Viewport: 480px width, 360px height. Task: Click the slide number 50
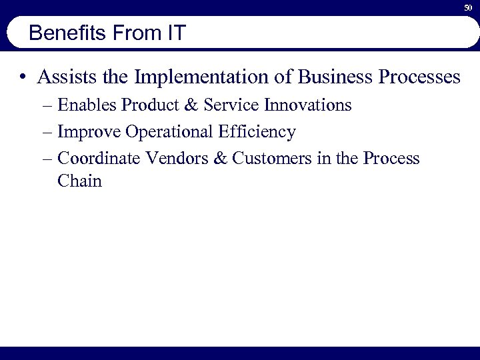coord(467,7)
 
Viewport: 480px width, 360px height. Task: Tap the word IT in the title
coord(175,33)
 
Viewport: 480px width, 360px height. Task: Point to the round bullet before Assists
coord(23,78)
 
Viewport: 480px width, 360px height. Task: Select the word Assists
coord(68,77)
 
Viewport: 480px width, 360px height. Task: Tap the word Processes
coord(419,77)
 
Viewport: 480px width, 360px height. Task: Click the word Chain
coord(79,181)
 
